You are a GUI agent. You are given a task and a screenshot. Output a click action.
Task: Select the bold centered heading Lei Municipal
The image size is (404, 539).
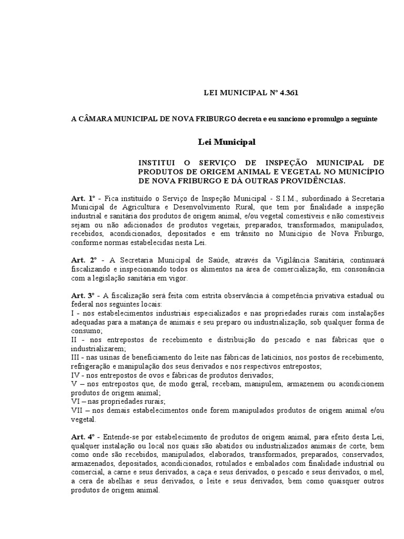(227, 142)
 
